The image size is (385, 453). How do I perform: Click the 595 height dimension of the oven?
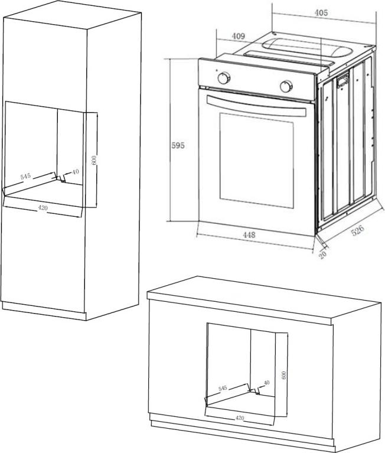[178, 145]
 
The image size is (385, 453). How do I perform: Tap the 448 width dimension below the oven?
[249, 234]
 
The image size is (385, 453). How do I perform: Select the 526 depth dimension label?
[358, 230]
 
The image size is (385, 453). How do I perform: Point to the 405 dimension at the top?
[321, 13]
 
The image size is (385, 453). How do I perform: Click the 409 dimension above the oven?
[239, 36]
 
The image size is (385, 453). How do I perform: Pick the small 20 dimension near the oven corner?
[322, 255]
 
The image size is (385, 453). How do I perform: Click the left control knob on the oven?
[224, 78]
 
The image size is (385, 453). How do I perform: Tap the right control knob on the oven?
[286, 86]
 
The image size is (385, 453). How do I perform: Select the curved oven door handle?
[256, 106]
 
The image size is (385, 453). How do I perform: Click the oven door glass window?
[256, 160]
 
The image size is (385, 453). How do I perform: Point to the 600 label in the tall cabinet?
[94, 160]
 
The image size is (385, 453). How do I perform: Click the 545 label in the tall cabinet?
[25, 176]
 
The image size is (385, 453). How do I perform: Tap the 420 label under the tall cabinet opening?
[43, 207]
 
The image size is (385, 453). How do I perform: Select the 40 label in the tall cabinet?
[75, 172]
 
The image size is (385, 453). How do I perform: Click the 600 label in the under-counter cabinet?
[283, 375]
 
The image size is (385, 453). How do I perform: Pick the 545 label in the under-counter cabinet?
[223, 388]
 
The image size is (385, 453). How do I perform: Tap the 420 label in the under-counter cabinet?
[240, 418]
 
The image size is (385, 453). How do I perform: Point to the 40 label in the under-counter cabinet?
[266, 383]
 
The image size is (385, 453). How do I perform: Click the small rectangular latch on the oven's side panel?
[342, 79]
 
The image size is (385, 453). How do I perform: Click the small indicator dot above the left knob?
[216, 70]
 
